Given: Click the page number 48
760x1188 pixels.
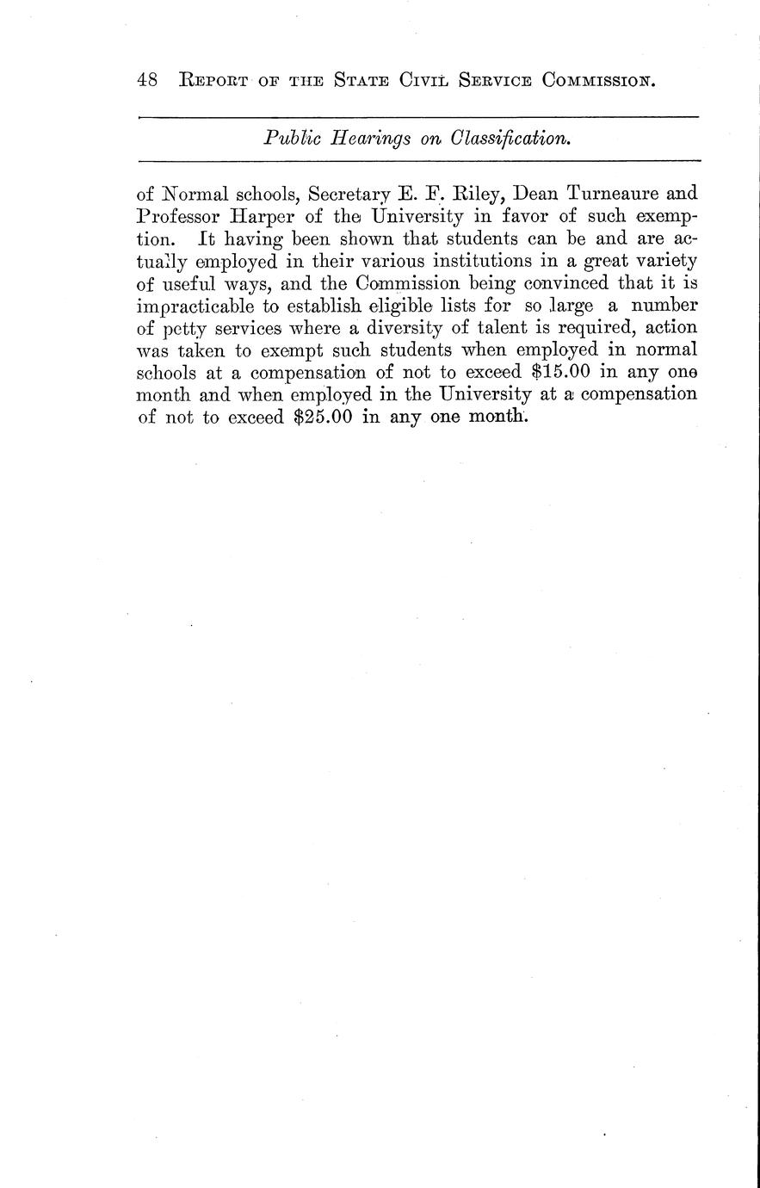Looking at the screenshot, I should click(x=146, y=80).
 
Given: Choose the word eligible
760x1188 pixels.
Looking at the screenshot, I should click(x=409, y=306).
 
